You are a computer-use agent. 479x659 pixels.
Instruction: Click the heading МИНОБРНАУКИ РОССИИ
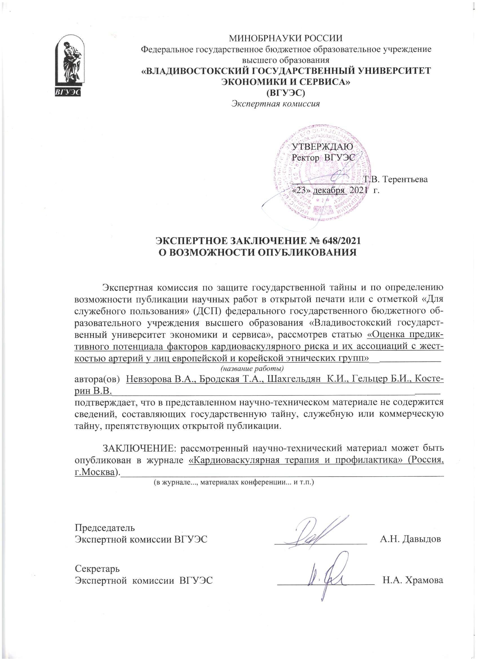point(286,38)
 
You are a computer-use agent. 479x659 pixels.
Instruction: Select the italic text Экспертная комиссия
point(276,104)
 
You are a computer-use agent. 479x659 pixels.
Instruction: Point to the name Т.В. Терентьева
point(396,179)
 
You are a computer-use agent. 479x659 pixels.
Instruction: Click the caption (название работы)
point(252,369)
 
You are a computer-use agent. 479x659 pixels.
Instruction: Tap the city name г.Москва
point(94,472)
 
